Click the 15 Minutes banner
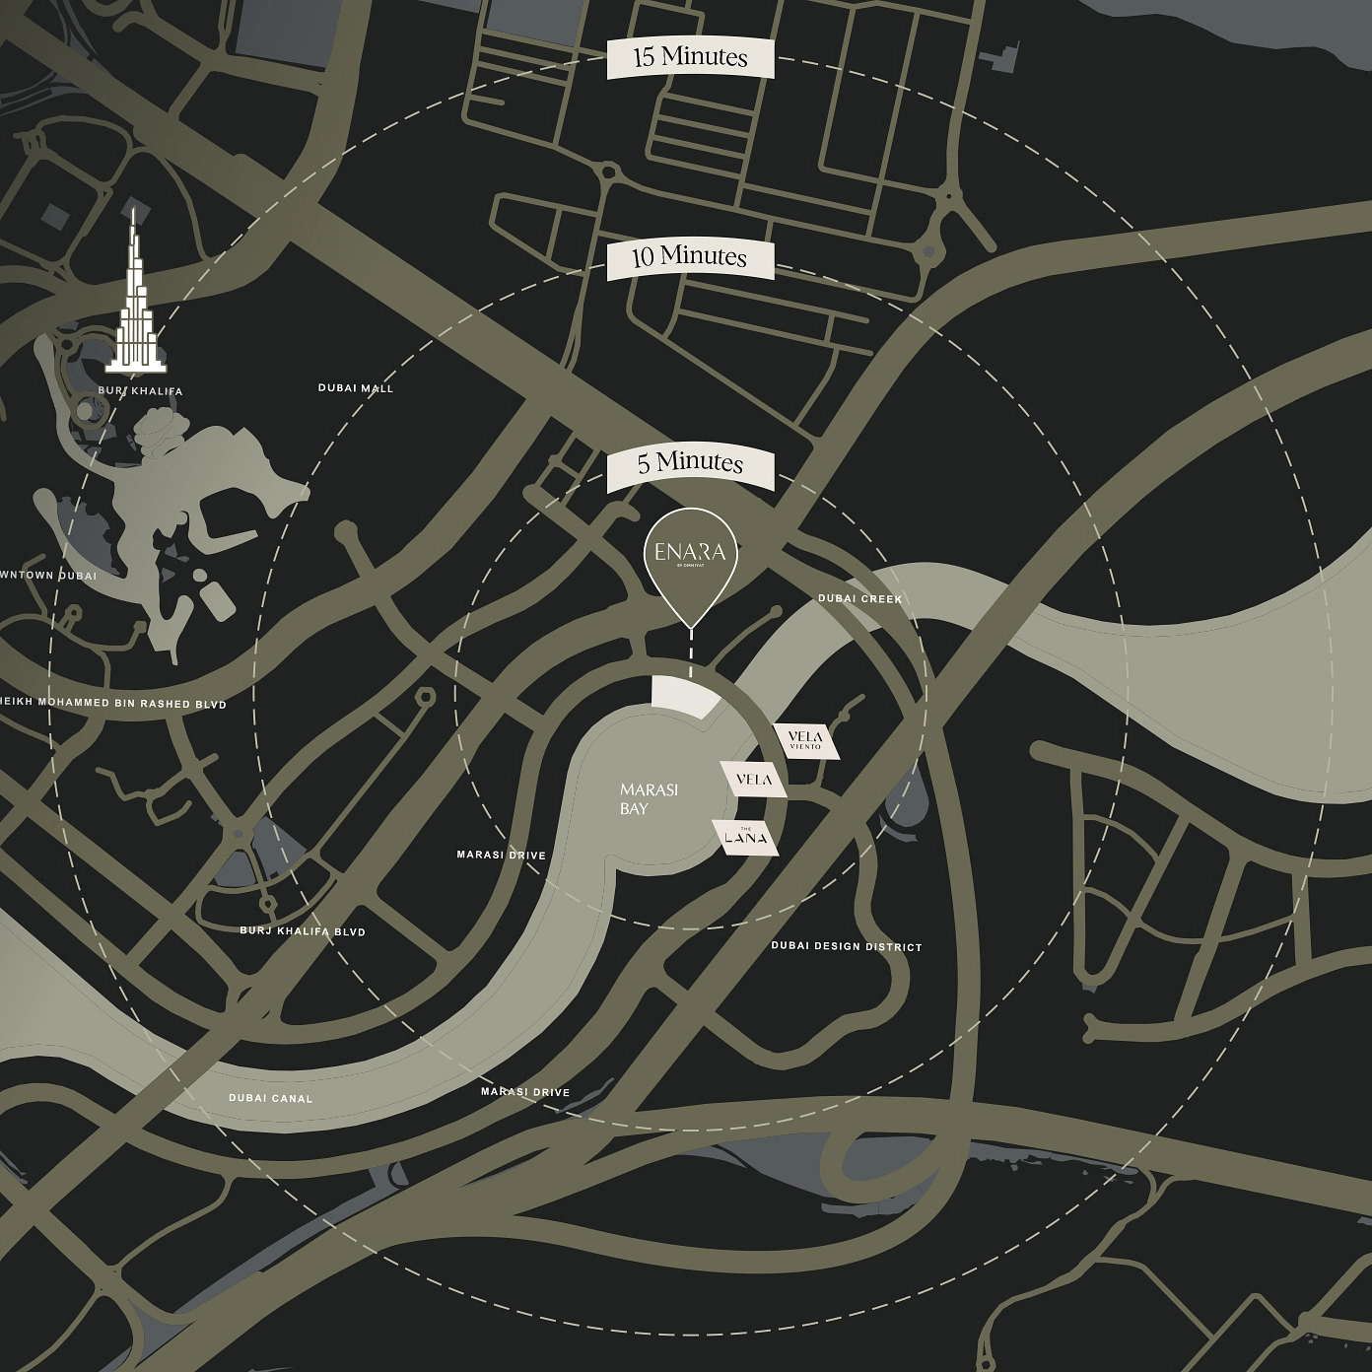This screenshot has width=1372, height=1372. [x=690, y=58]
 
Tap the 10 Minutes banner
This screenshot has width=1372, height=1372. [x=690, y=258]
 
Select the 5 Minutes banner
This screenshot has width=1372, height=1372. [x=690, y=463]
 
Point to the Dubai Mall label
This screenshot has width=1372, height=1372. [x=356, y=388]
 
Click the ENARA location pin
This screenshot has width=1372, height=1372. [x=690, y=557]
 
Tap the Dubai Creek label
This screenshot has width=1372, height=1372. [x=859, y=599]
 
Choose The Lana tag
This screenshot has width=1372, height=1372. [x=746, y=838]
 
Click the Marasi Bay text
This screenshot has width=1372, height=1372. [x=649, y=798]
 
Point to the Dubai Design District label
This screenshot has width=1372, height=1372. [x=847, y=947]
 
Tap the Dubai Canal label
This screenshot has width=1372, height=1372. [x=270, y=1098]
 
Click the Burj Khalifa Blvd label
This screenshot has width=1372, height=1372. [x=303, y=931]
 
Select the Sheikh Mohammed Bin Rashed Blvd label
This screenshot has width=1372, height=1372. [x=111, y=704]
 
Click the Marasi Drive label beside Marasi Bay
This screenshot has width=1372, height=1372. [x=501, y=855]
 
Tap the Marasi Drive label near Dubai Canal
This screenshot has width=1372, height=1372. [x=525, y=1092]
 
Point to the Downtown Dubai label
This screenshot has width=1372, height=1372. [x=48, y=575]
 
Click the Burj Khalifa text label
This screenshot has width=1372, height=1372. [x=140, y=391]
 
